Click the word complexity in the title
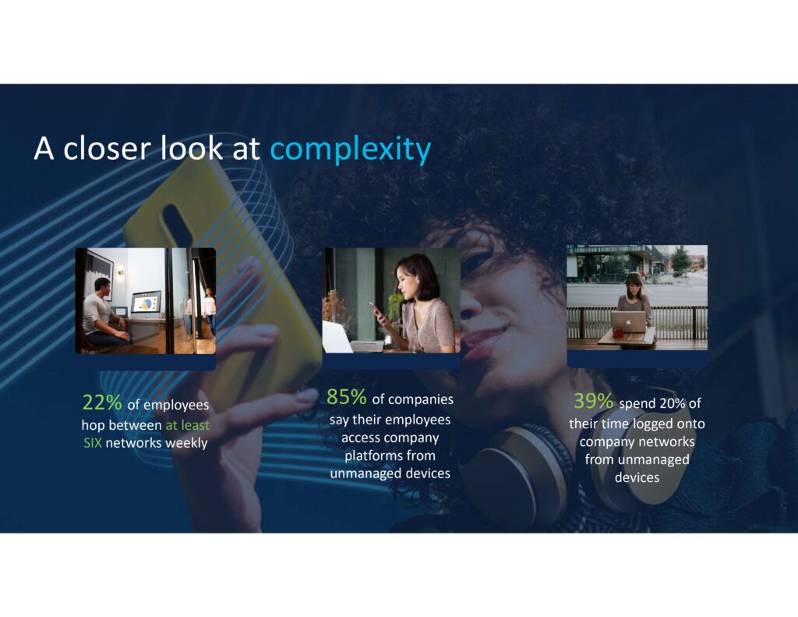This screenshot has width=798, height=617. pyautogui.click(x=351, y=149)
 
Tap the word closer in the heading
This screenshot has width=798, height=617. pyautogui.click(x=107, y=148)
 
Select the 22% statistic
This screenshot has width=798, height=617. pyautogui.click(x=102, y=402)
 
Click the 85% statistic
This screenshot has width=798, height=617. pyautogui.click(x=346, y=397)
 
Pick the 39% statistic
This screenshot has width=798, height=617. pyautogui.click(x=593, y=401)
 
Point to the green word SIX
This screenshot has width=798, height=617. pyautogui.click(x=93, y=443)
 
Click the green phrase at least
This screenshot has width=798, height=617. pyautogui.click(x=187, y=425)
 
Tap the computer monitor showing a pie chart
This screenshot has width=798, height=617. pyautogui.click(x=146, y=303)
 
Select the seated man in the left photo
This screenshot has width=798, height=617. pyautogui.click(x=103, y=313)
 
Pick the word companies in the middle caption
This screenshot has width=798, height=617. pyautogui.click(x=413, y=399)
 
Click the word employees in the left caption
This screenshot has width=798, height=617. pyautogui.click(x=168, y=405)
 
